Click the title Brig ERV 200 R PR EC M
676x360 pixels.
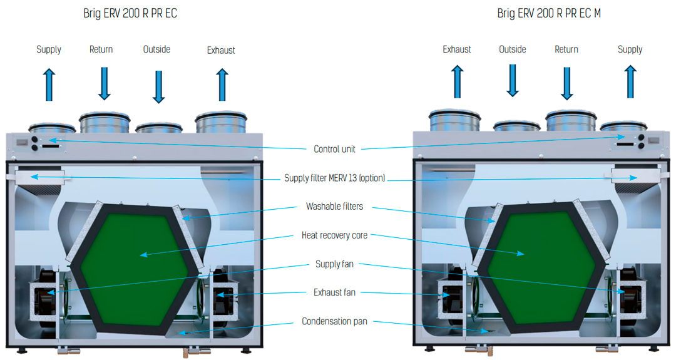tap(549, 13)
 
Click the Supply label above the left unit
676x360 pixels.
tap(49, 49)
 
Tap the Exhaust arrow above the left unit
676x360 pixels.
tap(222, 85)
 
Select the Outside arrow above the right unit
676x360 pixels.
tap(513, 81)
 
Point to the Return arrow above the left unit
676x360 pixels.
tap(105, 84)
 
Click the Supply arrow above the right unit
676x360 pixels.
tap(630, 81)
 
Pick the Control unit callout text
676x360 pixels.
tap(334, 149)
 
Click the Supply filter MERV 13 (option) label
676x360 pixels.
tap(334, 178)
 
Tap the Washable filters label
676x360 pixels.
tap(334, 207)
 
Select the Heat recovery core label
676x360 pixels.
tap(334, 235)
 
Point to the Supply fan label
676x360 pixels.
tap(334, 264)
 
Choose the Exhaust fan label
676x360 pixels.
tap(334, 292)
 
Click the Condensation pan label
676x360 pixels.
tap(334, 321)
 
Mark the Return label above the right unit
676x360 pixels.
tap(566, 49)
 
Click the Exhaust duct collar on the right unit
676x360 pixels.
tap(455, 121)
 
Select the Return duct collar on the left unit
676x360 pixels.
tap(105, 123)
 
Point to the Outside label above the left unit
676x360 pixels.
tap(156, 49)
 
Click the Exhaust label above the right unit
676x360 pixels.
tap(456, 49)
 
